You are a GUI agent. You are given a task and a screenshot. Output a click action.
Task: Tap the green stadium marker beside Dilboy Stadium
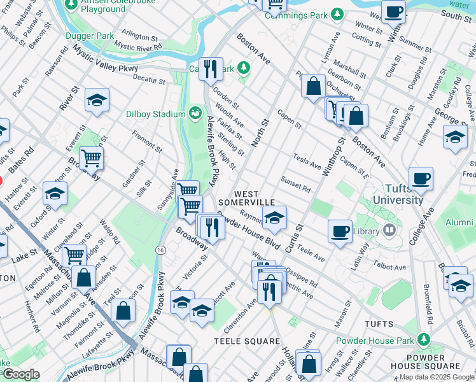point(195,114)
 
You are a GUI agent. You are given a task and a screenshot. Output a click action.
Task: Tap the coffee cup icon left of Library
point(340,230)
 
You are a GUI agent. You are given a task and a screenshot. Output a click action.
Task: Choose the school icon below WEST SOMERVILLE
point(274,218)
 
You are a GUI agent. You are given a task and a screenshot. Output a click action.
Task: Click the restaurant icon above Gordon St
point(211,68)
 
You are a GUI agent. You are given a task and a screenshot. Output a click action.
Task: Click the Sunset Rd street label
point(295,185)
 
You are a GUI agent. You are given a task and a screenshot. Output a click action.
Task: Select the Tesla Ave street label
point(307,161)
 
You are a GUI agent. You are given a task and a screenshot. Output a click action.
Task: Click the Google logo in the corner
point(21,374)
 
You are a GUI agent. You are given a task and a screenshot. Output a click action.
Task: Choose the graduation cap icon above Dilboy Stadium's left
point(97,100)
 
